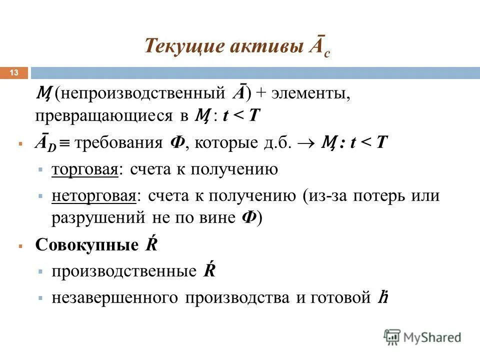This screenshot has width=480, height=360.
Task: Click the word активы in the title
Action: pos(263,46)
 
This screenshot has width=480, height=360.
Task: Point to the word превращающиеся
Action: pos(104,116)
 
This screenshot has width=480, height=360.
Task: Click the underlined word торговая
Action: pos(85,170)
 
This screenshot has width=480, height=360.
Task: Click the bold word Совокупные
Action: pos(86,245)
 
